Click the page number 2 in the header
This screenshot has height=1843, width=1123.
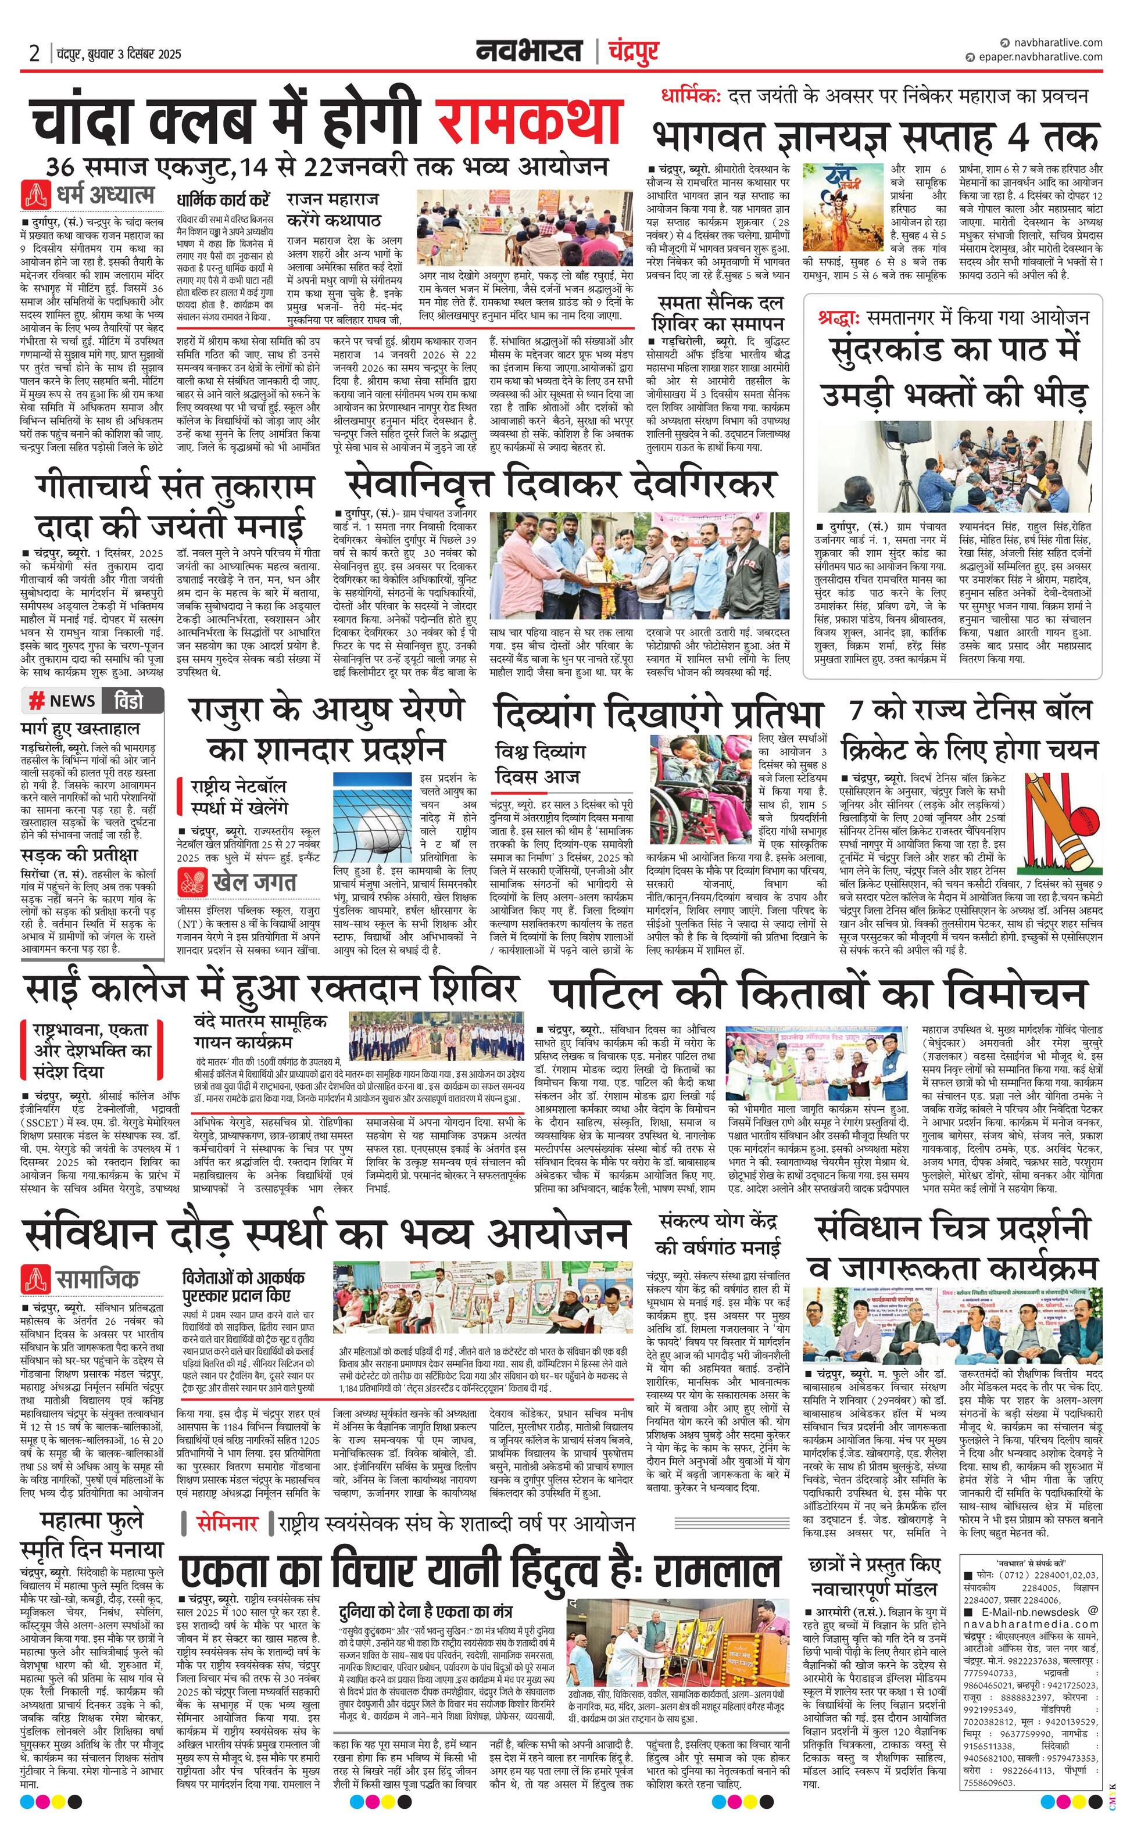tap(34, 54)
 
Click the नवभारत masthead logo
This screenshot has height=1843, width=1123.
tap(530, 52)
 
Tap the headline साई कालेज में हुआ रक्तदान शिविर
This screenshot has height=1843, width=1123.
tap(271, 989)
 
